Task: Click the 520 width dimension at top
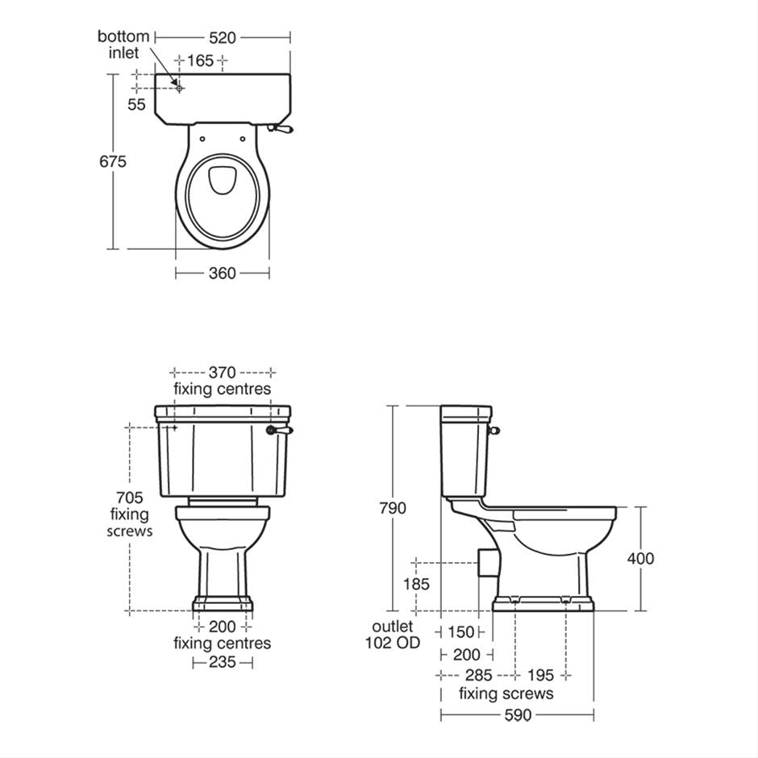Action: tap(222, 37)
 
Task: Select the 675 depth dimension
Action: tap(113, 161)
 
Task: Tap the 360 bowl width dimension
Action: tap(222, 273)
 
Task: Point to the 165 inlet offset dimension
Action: tap(200, 60)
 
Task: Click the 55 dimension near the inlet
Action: tap(137, 104)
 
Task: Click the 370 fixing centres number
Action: tap(222, 373)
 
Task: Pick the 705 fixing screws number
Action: tap(129, 498)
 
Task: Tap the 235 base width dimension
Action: tap(222, 662)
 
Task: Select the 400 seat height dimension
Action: tap(640, 558)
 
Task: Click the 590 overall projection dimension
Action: tap(517, 714)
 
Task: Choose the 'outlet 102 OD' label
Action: tap(392, 635)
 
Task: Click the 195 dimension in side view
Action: tap(540, 675)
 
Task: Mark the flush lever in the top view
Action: tap(282, 127)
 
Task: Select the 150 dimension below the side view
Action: tap(461, 633)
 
